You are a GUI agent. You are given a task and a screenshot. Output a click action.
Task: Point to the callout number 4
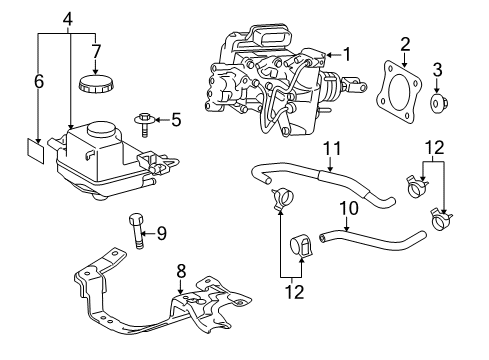[x=68, y=18]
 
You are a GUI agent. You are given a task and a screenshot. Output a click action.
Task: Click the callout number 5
[x=176, y=120]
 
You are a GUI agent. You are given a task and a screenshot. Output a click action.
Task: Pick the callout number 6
[x=38, y=82]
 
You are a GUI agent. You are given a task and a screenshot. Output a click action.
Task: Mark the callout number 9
[x=162, y=236]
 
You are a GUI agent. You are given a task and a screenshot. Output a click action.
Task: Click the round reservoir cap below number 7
[x=95, y=82]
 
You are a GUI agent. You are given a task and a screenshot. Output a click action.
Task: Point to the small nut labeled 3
[x=438, y=103]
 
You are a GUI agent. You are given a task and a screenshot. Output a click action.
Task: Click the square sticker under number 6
[x=38, y=151]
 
